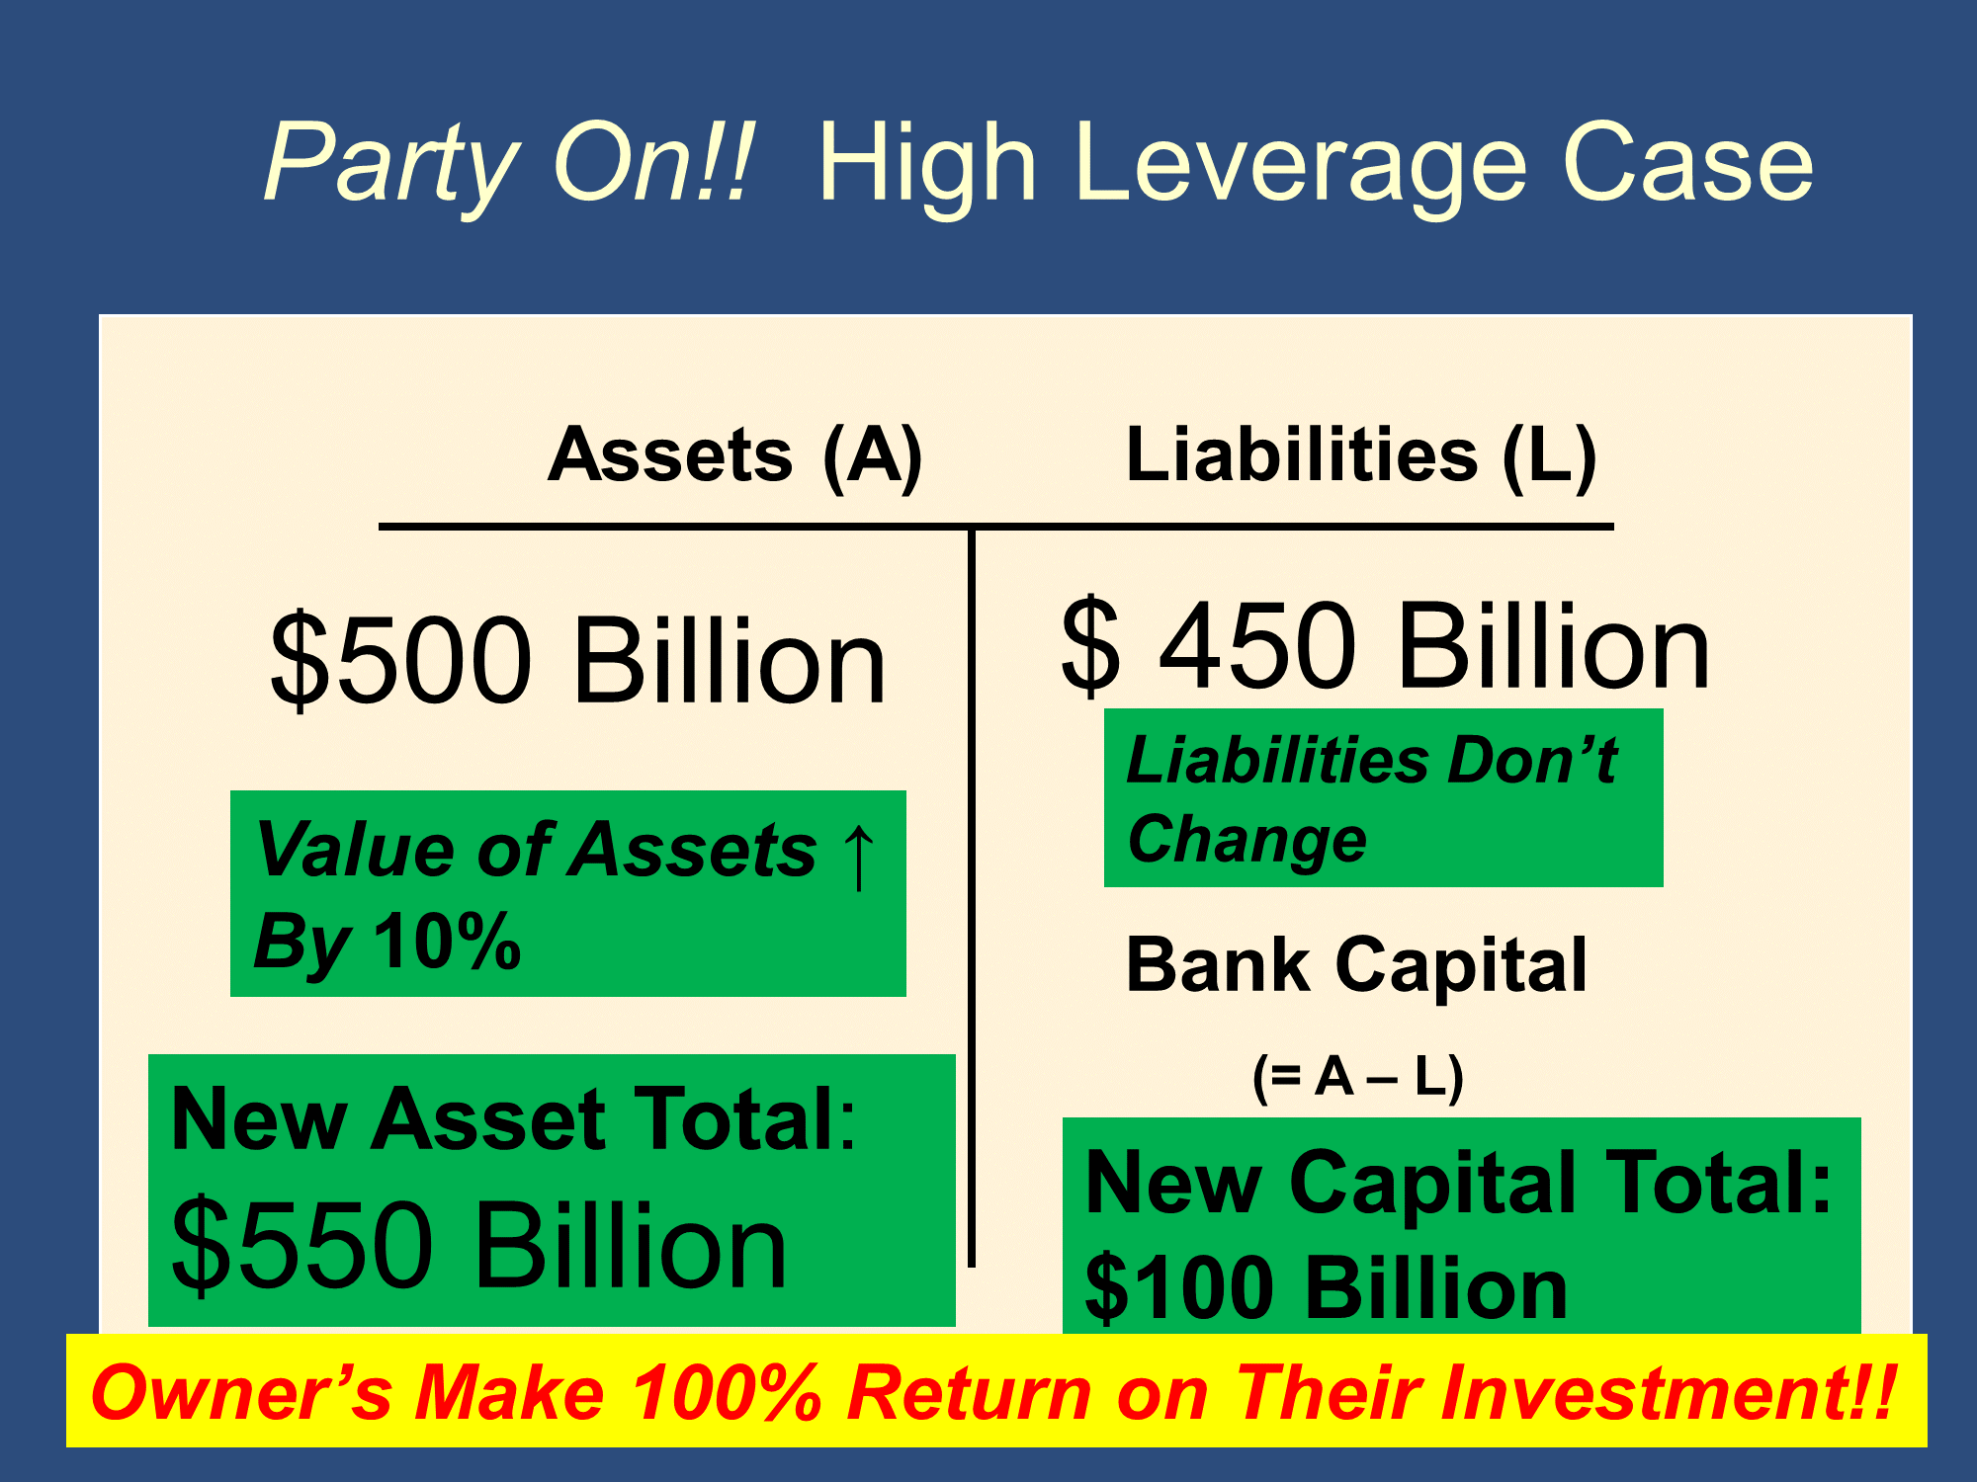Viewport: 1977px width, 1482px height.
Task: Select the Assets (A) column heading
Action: [735, 455]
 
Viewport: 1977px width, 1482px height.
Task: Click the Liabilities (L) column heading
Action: [1361, 455]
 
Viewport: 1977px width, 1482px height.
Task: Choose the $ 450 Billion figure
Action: [1385, 646]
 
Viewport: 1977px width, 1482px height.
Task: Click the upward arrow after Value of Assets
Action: [858, 856]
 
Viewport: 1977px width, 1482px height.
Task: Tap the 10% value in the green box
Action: [447, 941]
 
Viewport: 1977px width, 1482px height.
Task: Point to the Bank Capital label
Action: [1356, 965]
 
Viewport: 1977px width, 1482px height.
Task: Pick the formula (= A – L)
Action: [1357, 1077]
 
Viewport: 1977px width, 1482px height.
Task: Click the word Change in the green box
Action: [1247, 841]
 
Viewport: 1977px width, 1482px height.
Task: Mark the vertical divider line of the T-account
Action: [972, 896]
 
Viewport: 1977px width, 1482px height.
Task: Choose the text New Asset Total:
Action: [514, 1119]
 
